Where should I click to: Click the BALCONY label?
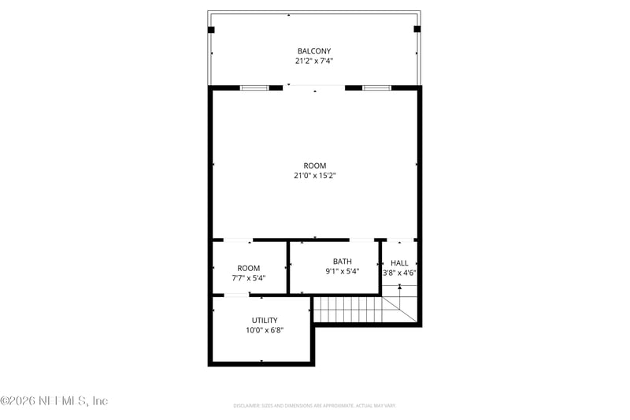pos(314,50)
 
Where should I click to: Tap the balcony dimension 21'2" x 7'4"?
pos(314,61)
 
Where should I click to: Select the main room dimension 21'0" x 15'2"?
pos(315,177)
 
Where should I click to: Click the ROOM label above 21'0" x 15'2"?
pos(315,165)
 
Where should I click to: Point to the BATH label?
pos(342,262)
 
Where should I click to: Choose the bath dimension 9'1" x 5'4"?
pos(342,272)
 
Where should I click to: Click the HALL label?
pos(399,263)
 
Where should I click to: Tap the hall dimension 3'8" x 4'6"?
pos(399,273)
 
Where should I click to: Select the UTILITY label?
pos(265,320)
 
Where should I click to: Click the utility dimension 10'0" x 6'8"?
pos(265,330)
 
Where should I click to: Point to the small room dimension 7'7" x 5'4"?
pos(248,278)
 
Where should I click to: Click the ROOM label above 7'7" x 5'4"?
pos(248,268)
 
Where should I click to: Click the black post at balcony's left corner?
pos(211,30)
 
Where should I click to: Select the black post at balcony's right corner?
pos(417,30)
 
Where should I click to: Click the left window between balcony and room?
pos(254,87)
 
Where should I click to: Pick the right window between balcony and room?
pos(376,87)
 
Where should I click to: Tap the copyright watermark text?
pos(54,401)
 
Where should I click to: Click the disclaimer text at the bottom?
pos(314,406)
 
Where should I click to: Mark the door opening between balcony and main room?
pos(315,87)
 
